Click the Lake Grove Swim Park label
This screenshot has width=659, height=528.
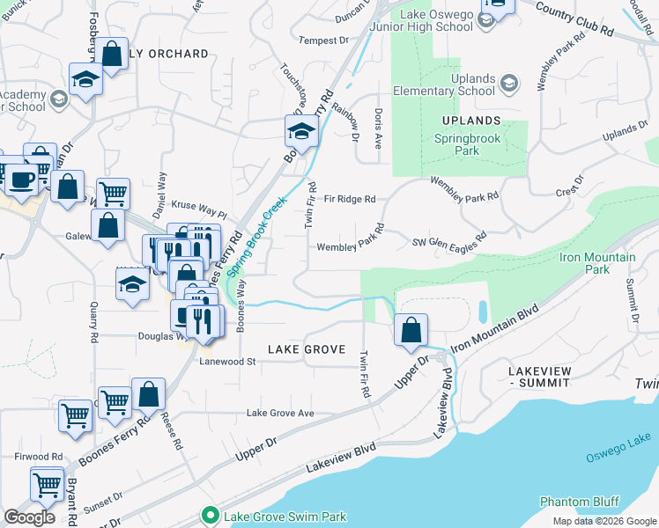click(285, 517)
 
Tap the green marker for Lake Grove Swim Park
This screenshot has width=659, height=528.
click(210, 516)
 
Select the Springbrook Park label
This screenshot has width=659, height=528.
click(456, 144)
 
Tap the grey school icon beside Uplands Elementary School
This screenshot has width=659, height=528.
click(508, 84)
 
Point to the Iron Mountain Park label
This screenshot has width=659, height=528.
click(597, 263)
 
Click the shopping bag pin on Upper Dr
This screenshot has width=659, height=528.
click(411, 332)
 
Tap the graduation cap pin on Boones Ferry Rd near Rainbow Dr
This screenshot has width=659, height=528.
click(300, 133)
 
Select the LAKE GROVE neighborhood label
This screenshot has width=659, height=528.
click(306, 349)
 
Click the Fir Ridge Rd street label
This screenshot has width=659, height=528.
click(350, 200)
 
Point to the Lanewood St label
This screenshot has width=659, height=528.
click(226, 361)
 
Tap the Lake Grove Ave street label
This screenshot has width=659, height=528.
click(280, 413)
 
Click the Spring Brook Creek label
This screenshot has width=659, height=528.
click(262, 234)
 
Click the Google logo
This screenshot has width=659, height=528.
click(30, 517)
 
